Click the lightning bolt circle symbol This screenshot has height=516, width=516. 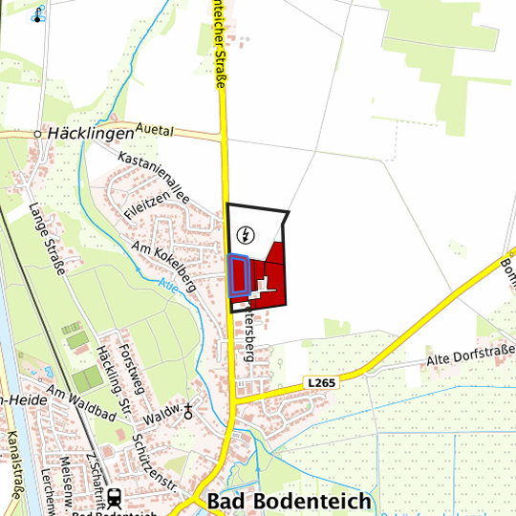click(247, 234)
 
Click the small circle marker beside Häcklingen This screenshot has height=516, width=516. click(38, 135)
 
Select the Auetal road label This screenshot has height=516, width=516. click(158, 127)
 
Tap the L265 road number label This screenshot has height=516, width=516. click(322, 382)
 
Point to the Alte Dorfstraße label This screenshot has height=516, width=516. click(466, 357)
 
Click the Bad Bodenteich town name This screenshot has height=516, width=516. click(277, 503)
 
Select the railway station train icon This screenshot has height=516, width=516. click(114, 497)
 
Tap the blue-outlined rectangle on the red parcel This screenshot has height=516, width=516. click(239, 275)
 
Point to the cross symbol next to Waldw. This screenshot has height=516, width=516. click(188, 412)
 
